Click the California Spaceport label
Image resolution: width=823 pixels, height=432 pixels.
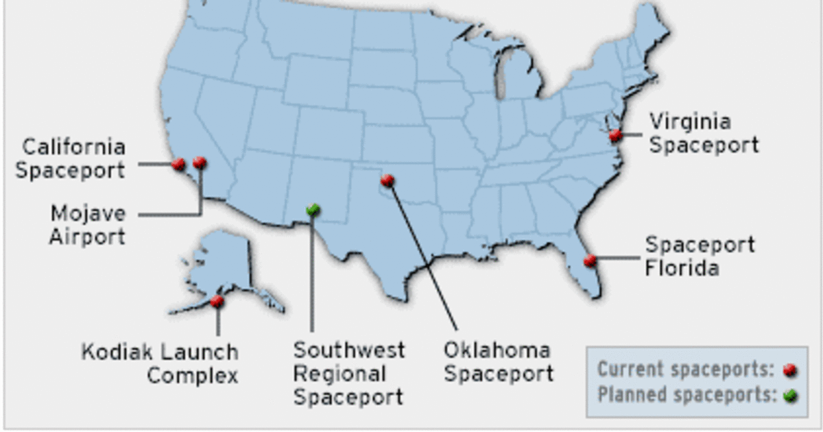pos(71,158)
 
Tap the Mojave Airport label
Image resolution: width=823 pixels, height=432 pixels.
pos(88,225)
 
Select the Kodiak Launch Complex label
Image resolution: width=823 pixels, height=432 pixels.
pos(160,364)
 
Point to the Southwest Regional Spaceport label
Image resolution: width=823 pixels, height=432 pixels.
pos(348,374)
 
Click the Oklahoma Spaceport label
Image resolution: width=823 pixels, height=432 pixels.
pos(498,362)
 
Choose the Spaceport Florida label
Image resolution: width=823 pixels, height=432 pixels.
pos(700,256)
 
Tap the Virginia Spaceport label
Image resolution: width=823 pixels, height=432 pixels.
pos(704,134)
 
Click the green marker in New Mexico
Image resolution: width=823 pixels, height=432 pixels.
pos(313,208)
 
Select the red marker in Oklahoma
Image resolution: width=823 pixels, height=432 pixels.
pos(387,180)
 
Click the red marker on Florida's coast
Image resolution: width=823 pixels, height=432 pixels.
pos(590,260)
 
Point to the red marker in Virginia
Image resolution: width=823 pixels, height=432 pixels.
pos(615,135)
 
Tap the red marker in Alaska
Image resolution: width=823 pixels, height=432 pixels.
pos(217,300)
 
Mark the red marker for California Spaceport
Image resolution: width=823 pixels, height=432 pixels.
pos(178,164)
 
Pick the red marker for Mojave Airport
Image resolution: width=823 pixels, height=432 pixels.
pos(200,163)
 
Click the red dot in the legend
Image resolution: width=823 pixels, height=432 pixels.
pos(790,371)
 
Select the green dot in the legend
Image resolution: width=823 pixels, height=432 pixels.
pos(790,396)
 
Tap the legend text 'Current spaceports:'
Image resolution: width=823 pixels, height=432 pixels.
pos(684,370)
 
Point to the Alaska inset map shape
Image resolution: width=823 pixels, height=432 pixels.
pos(223,267)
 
